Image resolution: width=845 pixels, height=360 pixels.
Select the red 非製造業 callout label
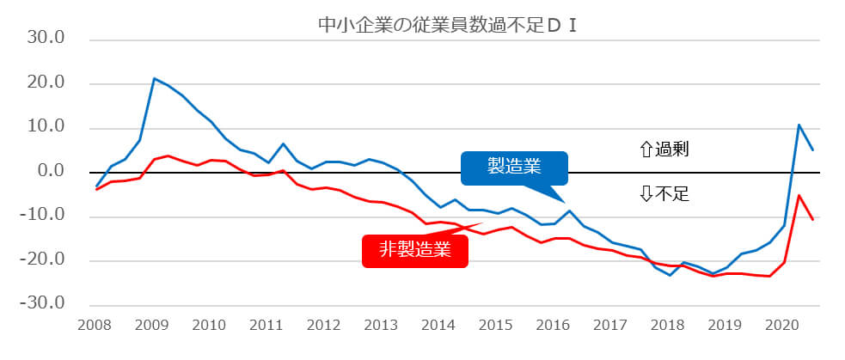(415, 250)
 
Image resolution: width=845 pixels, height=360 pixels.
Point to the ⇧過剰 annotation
(664, 149)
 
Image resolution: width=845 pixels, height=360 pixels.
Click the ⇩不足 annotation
(664, 194)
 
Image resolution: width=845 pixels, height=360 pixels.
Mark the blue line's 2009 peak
(154, 78)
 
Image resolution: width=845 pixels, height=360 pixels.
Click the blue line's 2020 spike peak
(799, 125)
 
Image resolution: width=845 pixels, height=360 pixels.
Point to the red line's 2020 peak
(799, 195)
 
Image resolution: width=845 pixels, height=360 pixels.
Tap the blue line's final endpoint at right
(813, 150)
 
